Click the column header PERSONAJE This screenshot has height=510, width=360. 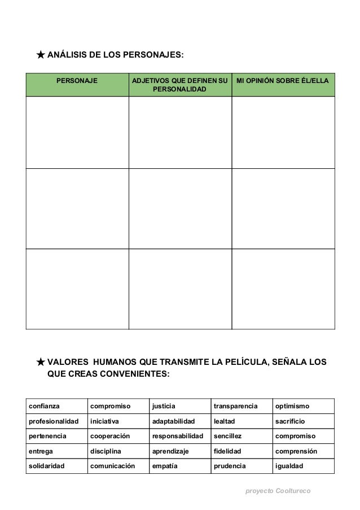(x=76, y=81)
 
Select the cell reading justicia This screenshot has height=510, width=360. (x=164, y=406)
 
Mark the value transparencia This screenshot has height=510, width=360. (x=235, y=406)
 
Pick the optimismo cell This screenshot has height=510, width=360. (x=292, y=406)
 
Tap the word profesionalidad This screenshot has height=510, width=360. (x=54, y=421)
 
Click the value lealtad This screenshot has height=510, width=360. (x=225, y=421)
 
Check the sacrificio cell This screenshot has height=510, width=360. (x=290, y=421)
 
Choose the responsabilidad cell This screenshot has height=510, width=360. (x=177, y=437)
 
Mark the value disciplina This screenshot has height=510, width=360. (x=106, y=451)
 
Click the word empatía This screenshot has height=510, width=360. (x=165, y=467)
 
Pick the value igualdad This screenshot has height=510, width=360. (x=289, y=467)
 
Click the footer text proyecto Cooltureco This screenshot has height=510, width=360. (x=278, y=491)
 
